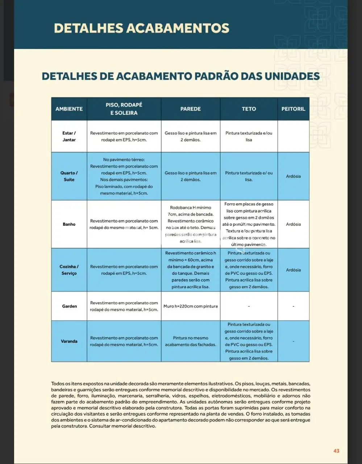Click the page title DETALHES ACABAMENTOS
[x=141, y=28]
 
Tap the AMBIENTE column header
[x=69, y=109]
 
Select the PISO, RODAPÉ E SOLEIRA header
[x=124, y=109]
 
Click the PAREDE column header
[x=191, y=109]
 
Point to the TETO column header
[x=249, y=109]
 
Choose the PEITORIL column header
[x=293, y=109]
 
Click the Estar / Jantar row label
[x=69, y=136]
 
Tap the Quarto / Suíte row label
[x=69, y=176]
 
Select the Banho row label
[x=69, y=224]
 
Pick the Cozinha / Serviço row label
[x=69, y=270]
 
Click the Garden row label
[x=69, y=306]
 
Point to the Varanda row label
[x=69, y=341]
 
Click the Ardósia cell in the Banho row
[x=293, y=224]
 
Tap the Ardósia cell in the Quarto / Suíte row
[x=293, y=176]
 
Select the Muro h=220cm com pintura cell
[x=191, y=306]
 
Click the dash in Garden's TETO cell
[x=249, y=306]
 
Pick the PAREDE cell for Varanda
[x=191, y=341]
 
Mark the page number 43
[x=336, y=451]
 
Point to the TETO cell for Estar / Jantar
[x=249, y=136]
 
